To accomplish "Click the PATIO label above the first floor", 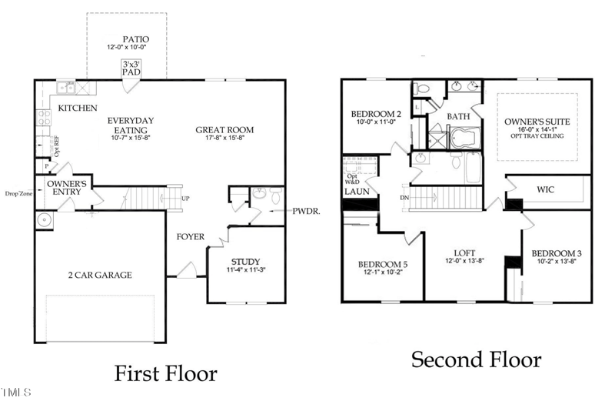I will click(x=135, y=38).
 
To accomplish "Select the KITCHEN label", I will click(x=78, y=109).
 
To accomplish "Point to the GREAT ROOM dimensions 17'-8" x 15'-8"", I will click(x=224, y=139).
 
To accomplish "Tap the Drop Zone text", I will click(x=18, y=194).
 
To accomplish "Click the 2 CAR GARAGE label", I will click(x=99, y=275).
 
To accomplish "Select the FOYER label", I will click(x=190, y=236).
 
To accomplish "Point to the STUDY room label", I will click(x=245, y=261).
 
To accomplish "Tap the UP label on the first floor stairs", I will click(x=185, y=199).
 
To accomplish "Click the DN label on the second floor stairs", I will click(x=405, y=198).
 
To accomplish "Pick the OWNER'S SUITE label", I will click(x=535, y=122).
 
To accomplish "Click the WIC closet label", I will click(x=545, y=189).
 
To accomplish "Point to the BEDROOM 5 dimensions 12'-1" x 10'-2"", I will click(x=382, y=272).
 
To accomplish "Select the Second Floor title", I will click(x=476, y=359).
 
